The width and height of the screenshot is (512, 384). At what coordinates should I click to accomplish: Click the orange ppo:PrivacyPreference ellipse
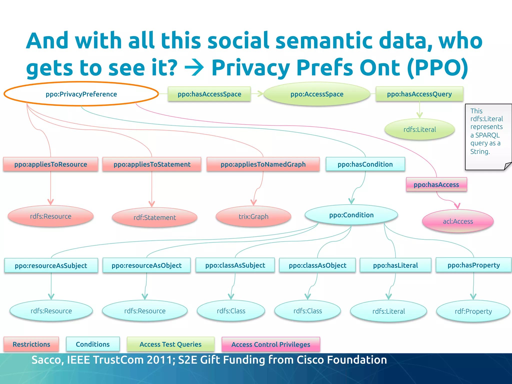click(81, 94)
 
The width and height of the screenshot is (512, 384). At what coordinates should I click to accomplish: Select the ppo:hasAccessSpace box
click(209, 94)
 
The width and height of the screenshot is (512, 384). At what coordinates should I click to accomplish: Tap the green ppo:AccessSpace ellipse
click(317, 94)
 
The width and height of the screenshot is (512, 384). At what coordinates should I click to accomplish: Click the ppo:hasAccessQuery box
click(419, 94)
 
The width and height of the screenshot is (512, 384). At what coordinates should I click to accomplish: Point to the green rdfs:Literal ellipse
click(419, 129)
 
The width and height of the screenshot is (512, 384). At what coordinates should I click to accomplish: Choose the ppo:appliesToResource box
click(51, 164)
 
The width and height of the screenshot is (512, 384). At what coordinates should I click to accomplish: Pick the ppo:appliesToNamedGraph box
click(263, 164)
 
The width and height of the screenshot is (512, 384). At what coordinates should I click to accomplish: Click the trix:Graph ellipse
click(253, 216)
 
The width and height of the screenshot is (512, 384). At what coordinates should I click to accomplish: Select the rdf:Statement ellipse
click(155, 217)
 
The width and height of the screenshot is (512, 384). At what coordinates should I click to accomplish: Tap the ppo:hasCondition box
click(365, 164)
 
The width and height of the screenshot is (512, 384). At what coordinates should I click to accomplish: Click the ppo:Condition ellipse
click(351, 215)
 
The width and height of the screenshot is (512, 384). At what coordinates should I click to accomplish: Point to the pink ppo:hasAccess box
click(436, 184)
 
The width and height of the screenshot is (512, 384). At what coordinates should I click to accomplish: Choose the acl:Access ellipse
click(458, 221)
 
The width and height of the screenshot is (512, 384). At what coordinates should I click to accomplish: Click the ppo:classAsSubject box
click(235, 265)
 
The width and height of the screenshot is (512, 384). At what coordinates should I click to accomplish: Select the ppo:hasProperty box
click(473, 265)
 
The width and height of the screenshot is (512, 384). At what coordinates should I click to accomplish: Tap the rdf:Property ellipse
click(473, 311)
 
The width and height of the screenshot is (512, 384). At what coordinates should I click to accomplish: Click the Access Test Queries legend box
click(170, 344)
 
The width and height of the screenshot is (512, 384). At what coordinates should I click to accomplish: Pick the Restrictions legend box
click(31, 344)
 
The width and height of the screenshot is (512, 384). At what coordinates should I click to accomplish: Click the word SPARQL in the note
click(487, 135)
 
